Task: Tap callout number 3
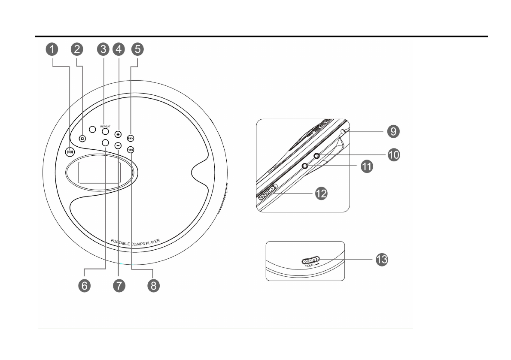(x=103, y=49)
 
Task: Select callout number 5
(x=137, y=49)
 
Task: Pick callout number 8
(x=152, y=285)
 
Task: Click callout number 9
(x=392, y=131)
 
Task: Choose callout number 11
(x=366, y=166)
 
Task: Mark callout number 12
(x=321, y=194)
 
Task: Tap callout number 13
(x=381, y=260)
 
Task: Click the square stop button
(x=82, y=139)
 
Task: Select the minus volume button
(x=118, y=145)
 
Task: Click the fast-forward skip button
(x=131, y=138)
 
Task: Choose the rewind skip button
(x=131, y=150)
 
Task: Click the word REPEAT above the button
(x=105, y=127)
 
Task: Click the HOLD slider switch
(x=310, y=260)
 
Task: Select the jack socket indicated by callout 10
(x=316, y=156)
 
